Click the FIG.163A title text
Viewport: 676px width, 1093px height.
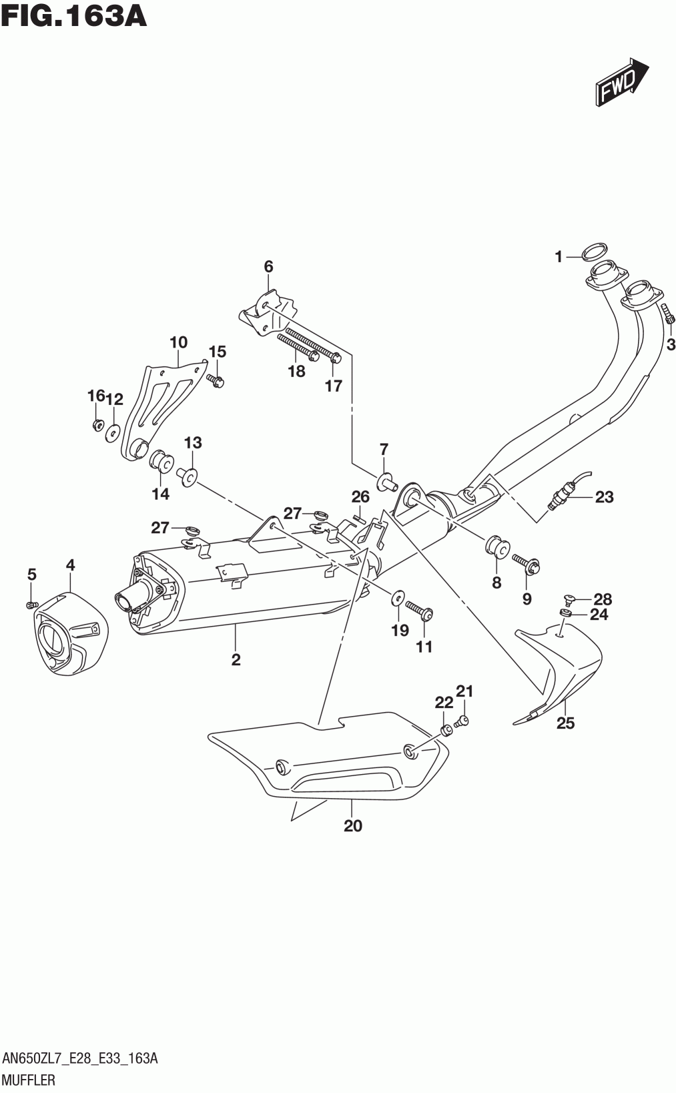click(x=74, y=17)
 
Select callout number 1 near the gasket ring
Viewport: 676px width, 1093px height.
click(x=559, y=256)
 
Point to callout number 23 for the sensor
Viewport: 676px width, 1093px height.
click(x=604, y=496)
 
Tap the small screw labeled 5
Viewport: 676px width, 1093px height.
click(x=31, y=605)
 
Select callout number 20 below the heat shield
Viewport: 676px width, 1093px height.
click(x=352, y=825)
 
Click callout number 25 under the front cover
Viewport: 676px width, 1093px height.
click(x=565, y=723)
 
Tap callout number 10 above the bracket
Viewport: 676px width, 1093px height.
click(x=178, y=342)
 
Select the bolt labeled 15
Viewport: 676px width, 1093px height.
click(x=216, y=381)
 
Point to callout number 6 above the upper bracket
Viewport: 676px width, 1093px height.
click(x=268, y=267)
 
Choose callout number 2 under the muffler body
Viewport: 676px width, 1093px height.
click(x=236, y=660)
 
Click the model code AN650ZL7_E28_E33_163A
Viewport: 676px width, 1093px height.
click(x=80, y=1058)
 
